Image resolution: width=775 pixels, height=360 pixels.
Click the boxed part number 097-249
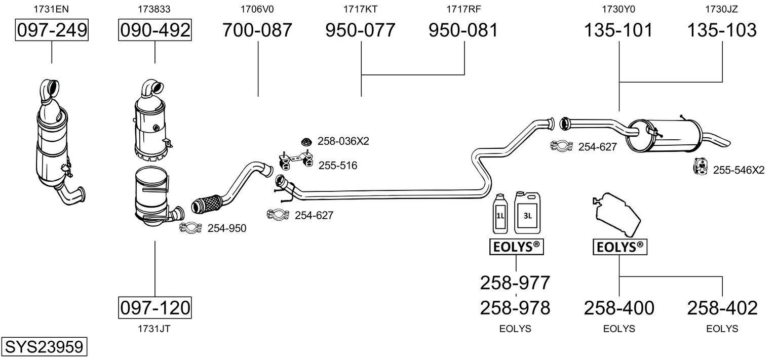(52, 30)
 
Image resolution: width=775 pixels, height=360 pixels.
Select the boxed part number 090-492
(155, 30)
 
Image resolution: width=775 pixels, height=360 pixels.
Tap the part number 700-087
(258, 30)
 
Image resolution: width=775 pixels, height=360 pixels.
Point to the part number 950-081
(463, 30)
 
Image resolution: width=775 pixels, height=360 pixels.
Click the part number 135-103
(722, 30)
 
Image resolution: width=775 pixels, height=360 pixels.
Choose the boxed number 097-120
(155, 307)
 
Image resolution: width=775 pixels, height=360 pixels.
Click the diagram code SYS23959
(44, 347)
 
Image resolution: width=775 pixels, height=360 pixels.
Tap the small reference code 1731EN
(52, 9)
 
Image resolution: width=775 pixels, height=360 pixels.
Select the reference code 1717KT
(360, 9)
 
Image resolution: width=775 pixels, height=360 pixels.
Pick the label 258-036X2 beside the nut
(343, 141)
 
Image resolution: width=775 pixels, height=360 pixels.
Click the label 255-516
(338, 165)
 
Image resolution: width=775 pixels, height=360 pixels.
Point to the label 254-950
(227, 228)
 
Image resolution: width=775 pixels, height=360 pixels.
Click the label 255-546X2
(739, 170)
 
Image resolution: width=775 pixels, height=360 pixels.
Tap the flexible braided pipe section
(207, 205)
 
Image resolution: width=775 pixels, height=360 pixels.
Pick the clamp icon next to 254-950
(190, 228)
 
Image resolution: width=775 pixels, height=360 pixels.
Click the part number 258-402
(722, 307)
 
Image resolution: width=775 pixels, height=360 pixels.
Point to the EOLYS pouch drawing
(618, 214)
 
